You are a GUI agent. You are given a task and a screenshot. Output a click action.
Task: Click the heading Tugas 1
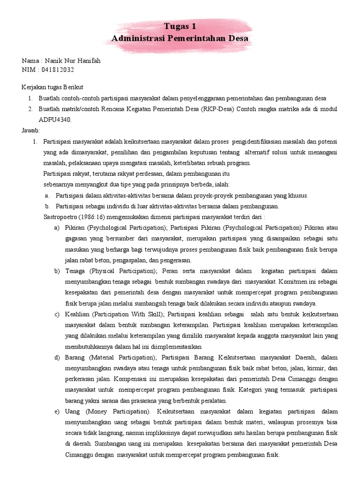180,26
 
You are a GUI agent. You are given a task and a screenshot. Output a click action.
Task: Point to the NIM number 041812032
57,70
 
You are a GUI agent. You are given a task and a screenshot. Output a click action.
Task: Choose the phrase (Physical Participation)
123,271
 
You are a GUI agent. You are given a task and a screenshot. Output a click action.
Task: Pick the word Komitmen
295,282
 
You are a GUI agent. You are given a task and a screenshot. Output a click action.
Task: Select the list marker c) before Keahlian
57,314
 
